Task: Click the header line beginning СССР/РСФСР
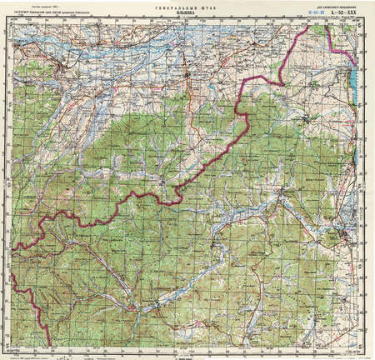[67, 13]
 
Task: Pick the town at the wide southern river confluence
[158, 309]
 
